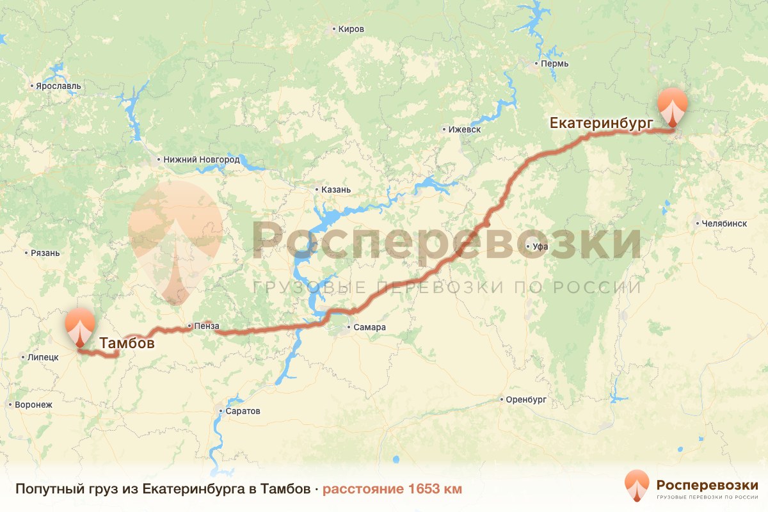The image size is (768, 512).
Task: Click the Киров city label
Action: (x=351, y=29)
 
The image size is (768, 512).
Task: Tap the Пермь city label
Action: (x=554, y=63)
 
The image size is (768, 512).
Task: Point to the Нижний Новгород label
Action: (x=201, y=159)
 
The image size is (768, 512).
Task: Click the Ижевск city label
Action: (x=465, y=129)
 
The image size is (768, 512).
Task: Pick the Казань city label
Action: (x=336, y=190)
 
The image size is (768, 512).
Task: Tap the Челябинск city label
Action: (x=724, y=224)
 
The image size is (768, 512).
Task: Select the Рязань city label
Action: (x=45, y=253)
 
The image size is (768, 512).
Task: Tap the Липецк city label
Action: (x=44, y=357)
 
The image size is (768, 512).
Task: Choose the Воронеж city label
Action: (x=34, y=405)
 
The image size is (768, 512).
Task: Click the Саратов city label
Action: (x=243, y=411)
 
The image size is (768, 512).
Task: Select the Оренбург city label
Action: (x=525, y=400)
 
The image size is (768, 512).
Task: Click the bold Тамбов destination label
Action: (x=127, y=344)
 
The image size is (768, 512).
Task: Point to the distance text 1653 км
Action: (x=392, y=489)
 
